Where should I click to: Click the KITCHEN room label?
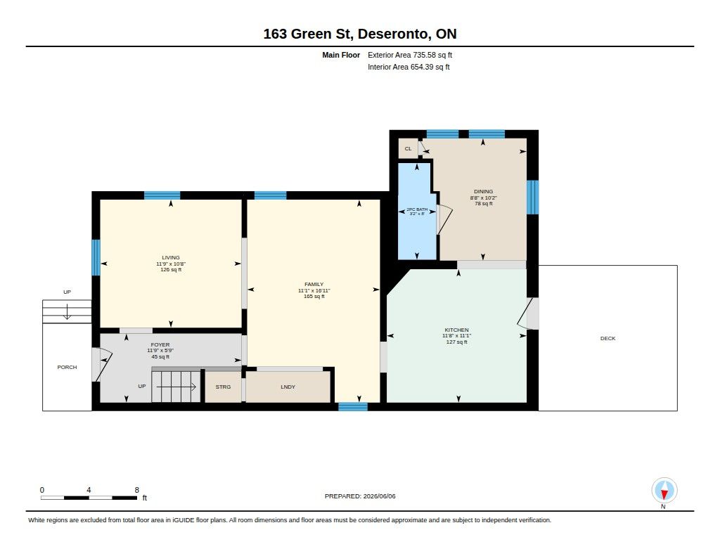coord(456,330)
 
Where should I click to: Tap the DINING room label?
coord(483,191)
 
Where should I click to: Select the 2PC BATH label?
coord(417,209)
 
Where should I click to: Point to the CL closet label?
coord(409,149)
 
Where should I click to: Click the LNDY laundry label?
coord(288,387)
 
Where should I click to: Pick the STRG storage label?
coord(223,387)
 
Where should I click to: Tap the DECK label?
coord(607,338)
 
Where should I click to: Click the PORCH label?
coord(67,368)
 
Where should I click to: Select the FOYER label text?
coord(160,345)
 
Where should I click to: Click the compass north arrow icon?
coord(664,491)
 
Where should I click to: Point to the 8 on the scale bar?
coord(137,490)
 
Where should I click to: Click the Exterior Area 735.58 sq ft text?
coord(410,55)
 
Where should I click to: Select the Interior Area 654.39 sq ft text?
coord(409,67)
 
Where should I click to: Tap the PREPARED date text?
coord(360,496)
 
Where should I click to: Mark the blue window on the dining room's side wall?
coord(532,198)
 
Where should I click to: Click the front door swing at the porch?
coord(102,365)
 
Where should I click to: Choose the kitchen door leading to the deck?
coord(528,313)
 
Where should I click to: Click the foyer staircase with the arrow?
coord(176,387)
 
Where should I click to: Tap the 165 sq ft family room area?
coord(314,297)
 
